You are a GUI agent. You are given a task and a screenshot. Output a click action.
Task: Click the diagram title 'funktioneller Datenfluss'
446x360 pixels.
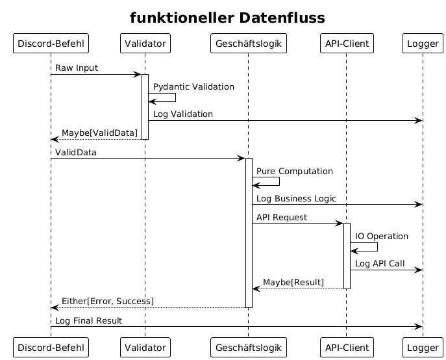(227, 18)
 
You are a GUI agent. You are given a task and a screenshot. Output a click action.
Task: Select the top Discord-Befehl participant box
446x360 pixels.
(51, 44)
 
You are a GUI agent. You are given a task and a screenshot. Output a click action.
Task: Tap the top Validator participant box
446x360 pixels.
(145, 44)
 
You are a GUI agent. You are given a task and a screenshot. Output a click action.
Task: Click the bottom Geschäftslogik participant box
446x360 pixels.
(249, 348)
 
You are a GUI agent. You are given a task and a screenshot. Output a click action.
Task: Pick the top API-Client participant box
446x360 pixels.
(347, 44)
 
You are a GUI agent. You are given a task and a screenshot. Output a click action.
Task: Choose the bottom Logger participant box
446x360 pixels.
(423, 348)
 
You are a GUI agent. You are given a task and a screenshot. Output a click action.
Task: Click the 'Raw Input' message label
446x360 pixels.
(77, 68)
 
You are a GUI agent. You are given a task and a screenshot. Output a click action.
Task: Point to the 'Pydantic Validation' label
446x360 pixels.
(193, 87)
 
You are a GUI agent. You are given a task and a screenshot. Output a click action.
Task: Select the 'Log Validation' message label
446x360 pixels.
(183, 114)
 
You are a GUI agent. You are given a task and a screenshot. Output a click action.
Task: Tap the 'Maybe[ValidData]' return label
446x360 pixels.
(99, 133)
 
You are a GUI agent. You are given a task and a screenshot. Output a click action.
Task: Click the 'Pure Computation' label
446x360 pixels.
(295, 171)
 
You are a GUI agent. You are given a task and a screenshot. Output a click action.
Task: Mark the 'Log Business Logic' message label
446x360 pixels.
(296, 198)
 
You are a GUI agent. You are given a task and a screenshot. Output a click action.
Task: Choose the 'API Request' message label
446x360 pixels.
(282, 218)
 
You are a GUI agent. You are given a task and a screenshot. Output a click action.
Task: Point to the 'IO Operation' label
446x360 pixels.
(382, 237)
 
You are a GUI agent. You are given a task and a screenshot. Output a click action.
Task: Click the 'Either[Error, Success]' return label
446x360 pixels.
(108, 302)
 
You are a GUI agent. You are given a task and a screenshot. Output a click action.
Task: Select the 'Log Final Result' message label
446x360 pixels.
(88, 321)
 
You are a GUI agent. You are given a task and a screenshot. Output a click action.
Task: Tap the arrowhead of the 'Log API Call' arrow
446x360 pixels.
(419, 270)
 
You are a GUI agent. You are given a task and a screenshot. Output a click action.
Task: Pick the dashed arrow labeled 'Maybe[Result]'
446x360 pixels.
(298, 289)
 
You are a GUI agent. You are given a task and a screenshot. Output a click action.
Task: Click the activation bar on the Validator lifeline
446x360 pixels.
(145, 107)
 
